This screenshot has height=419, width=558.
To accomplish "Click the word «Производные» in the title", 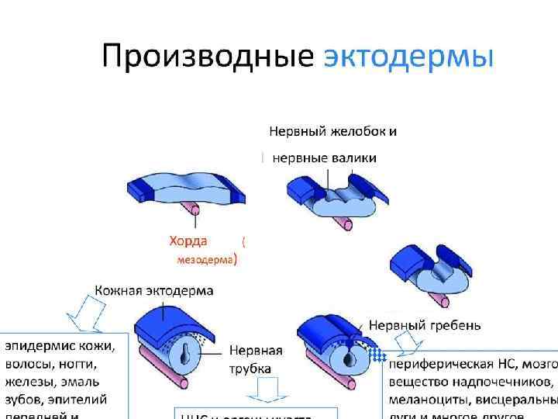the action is (x=208, y=56).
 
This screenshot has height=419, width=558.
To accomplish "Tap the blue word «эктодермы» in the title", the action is (x=408, y=56).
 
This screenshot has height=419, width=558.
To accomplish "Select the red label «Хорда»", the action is (x=188, y=241).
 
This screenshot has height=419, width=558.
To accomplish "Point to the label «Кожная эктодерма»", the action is (x=154, y=290).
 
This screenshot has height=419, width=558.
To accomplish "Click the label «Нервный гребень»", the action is (x=425, y=324).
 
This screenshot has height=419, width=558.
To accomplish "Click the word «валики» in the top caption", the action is (x=353, y=158).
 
